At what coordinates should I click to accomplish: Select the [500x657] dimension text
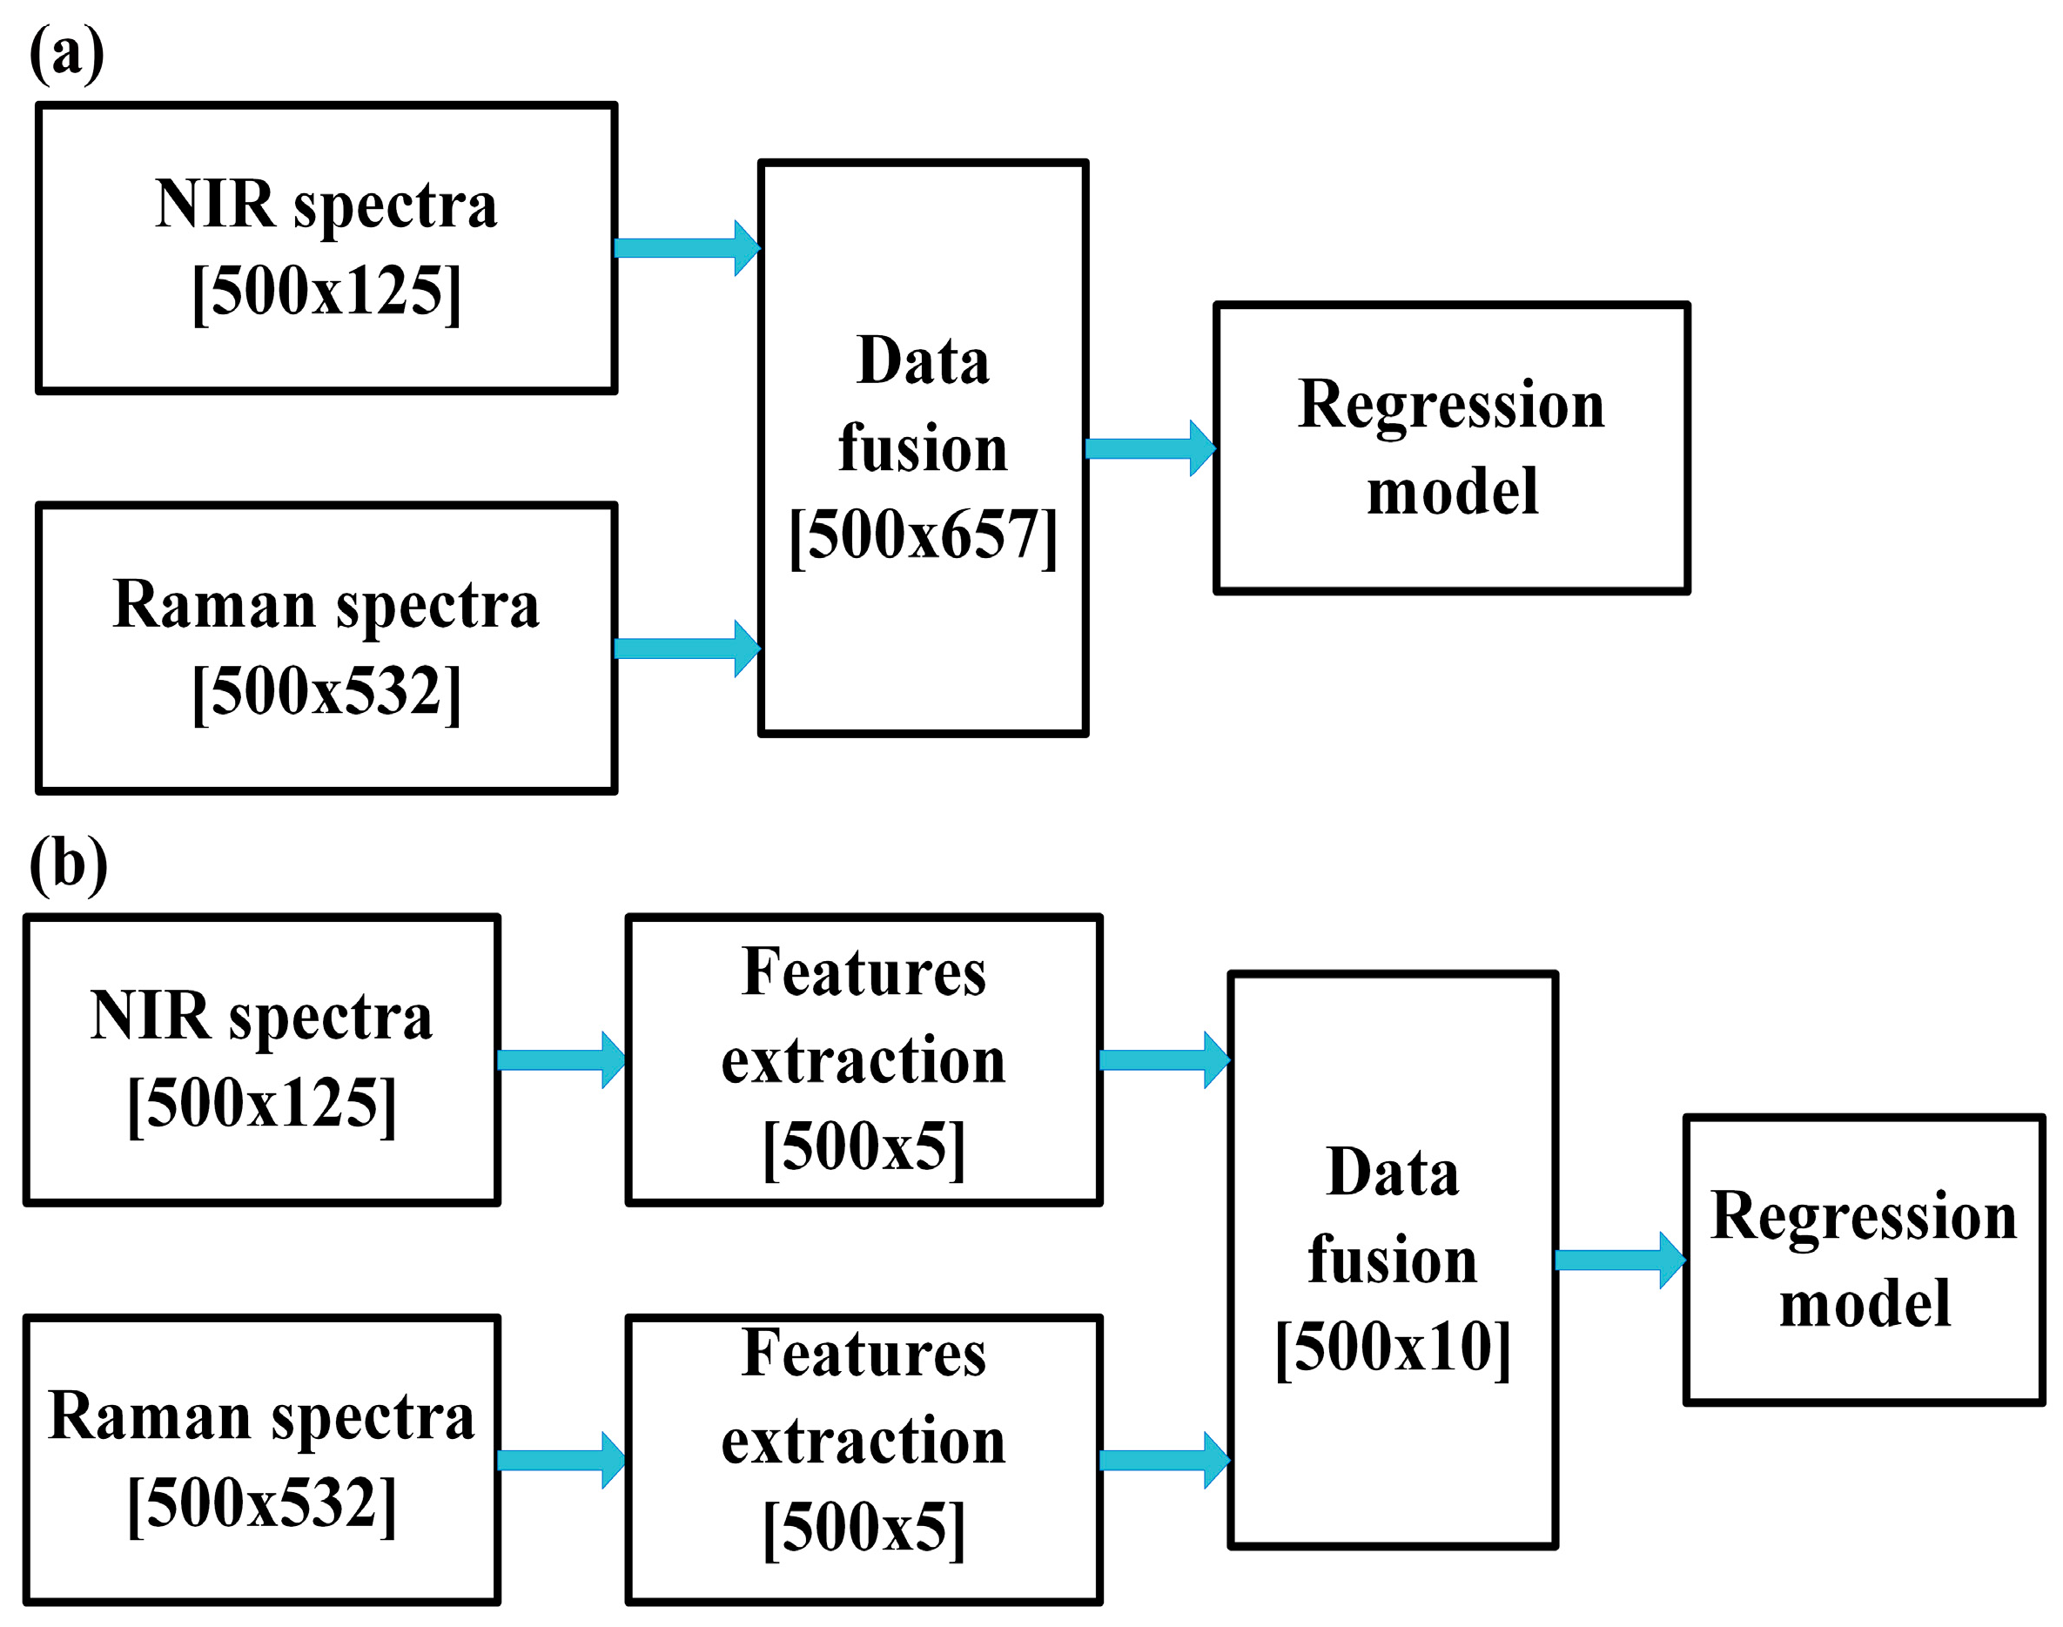(922, 535)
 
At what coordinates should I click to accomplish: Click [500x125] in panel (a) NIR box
(326, 292)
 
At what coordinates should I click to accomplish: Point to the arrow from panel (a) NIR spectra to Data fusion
(686, 248)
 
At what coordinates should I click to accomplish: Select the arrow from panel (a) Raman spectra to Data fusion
(686, 649)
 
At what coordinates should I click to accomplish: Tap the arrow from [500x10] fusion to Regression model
(1618, 1261)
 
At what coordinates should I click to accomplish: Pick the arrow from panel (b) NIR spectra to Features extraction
(560, 1059)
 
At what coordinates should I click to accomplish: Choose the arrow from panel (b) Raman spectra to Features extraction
(560, 1461)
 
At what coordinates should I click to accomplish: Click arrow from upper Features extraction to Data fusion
(1163, 1059)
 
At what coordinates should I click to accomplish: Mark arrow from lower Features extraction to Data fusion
(1163, 1461)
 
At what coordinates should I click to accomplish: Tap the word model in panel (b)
(1864, 1304)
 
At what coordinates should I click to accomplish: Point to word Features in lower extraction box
(863, 1354)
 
